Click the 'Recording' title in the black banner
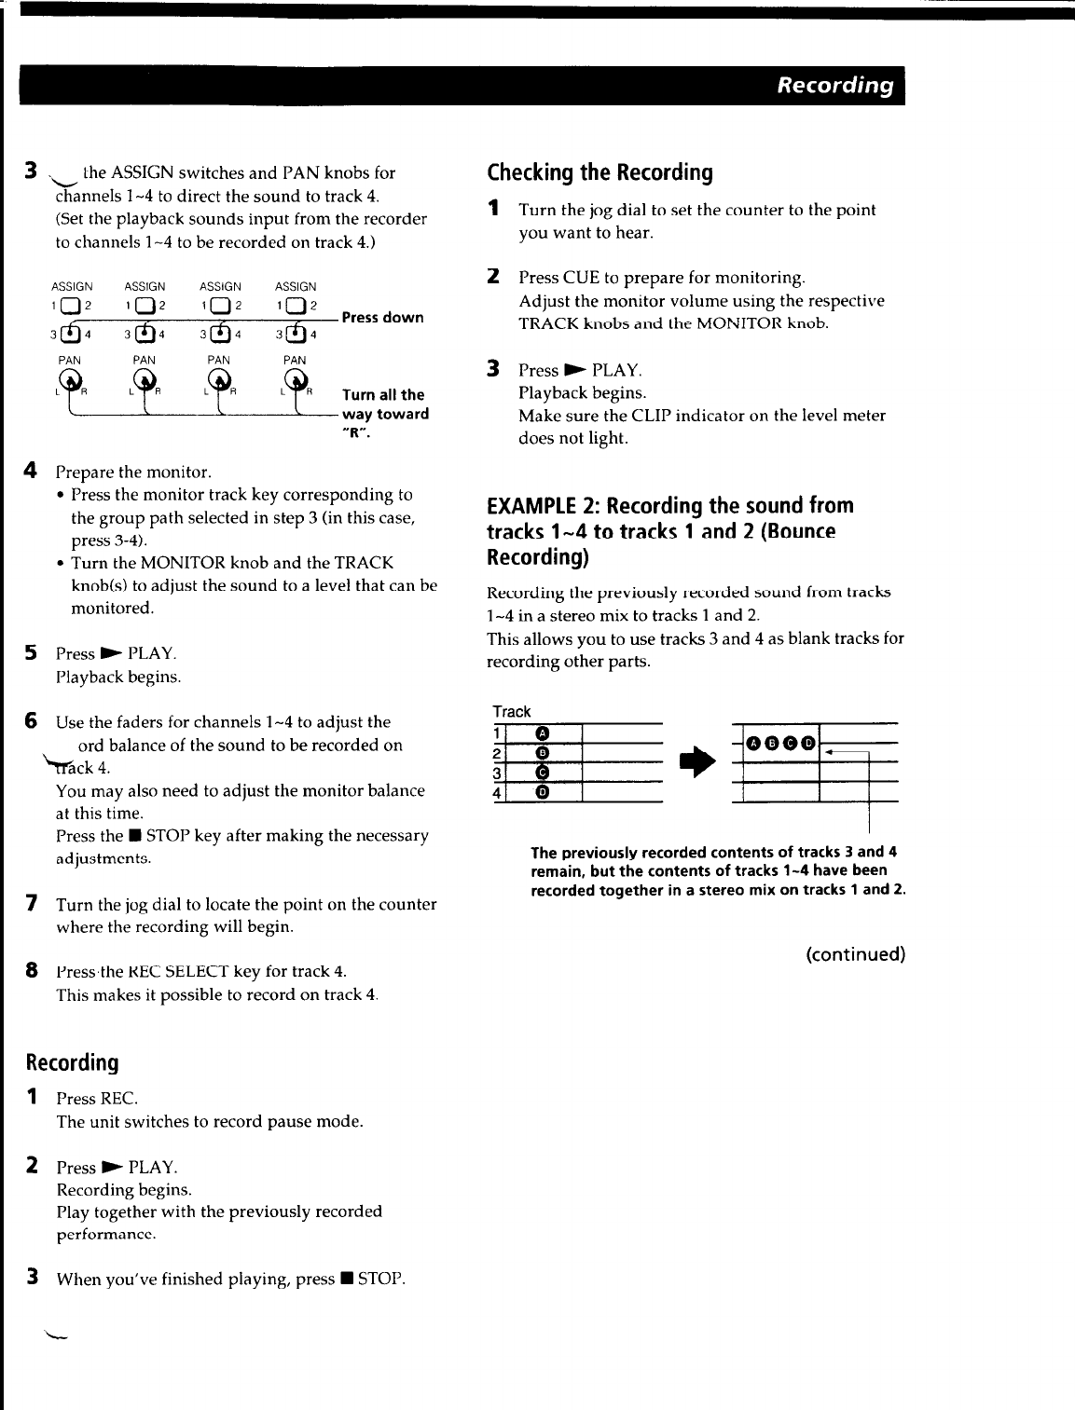[834, 86]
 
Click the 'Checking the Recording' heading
[600, 172]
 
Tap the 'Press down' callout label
[382, 318]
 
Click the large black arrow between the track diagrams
[697, 762]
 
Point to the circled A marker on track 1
[543, 733]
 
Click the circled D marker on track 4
[543, 793]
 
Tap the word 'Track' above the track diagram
[512, 712]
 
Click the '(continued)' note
[855, 954]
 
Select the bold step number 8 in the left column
[32, 971]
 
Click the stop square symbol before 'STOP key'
[135, 836]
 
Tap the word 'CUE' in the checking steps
[581, 278]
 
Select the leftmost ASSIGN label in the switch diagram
[72, 287]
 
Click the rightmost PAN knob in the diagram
[296, 379]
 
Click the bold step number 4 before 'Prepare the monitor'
[31, 471]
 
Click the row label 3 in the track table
[498, 773]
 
